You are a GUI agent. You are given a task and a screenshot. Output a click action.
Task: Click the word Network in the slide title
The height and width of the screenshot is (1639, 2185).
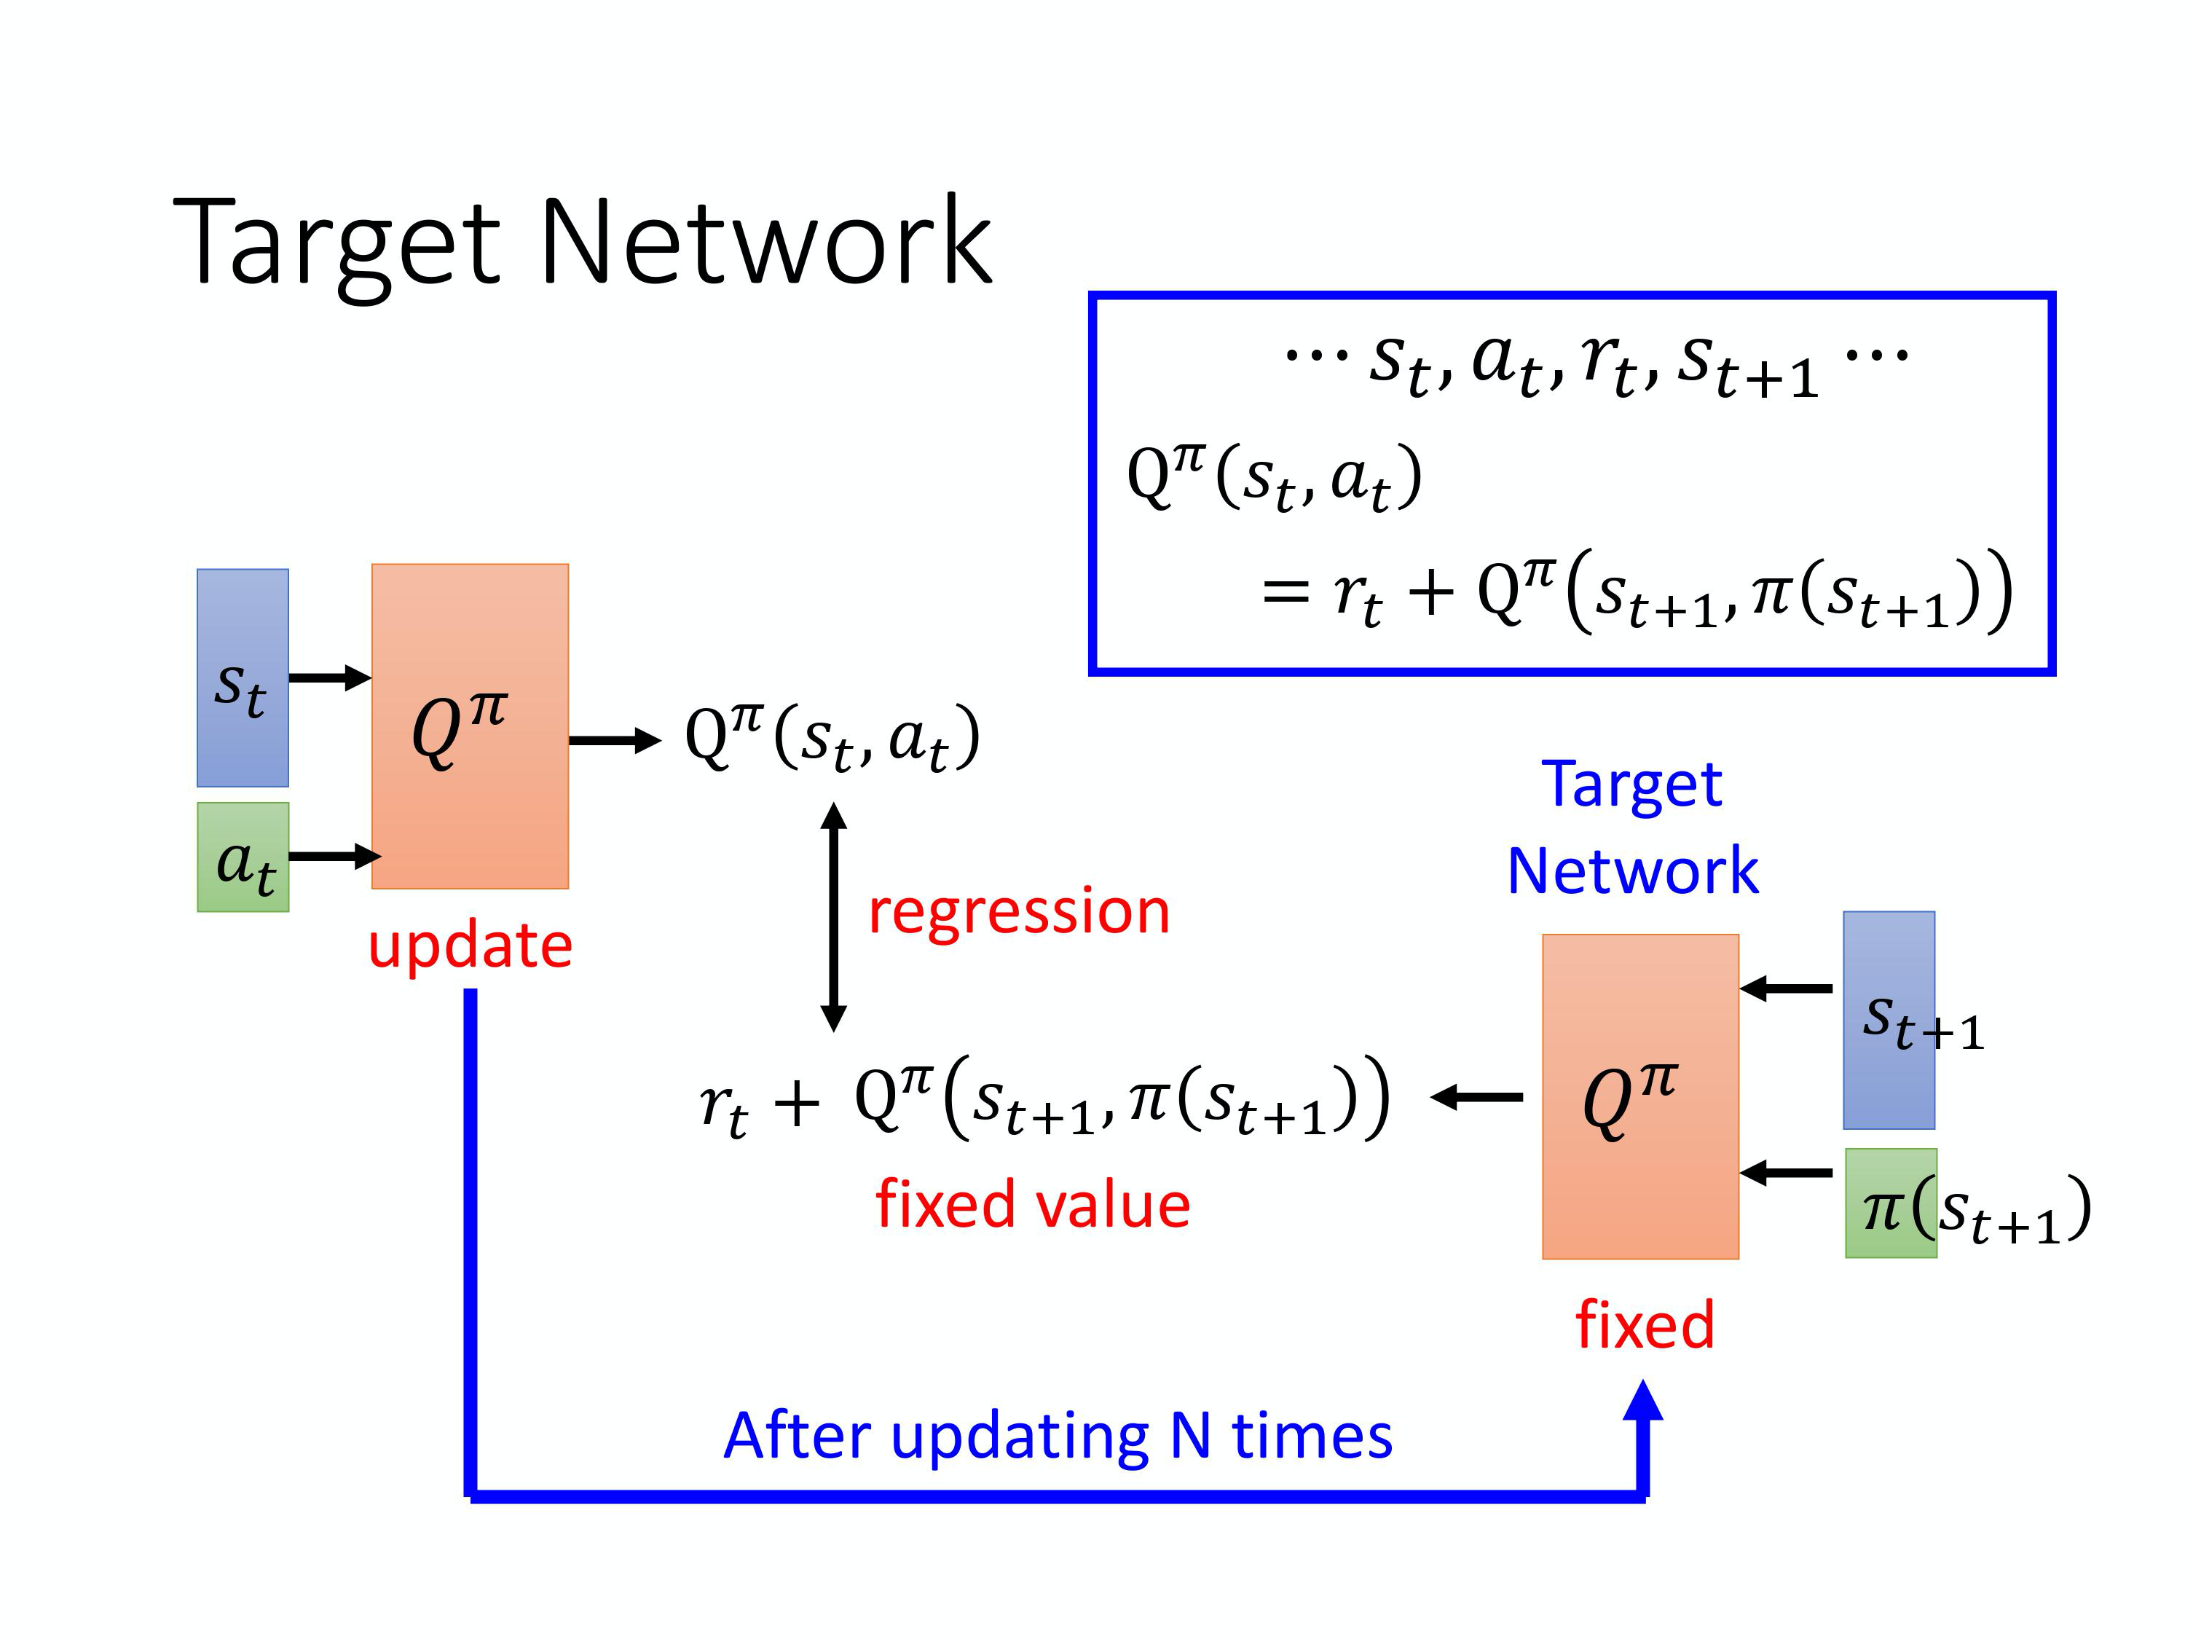click(765, 242)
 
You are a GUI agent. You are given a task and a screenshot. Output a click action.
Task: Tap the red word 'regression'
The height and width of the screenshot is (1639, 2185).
click(1018, 910)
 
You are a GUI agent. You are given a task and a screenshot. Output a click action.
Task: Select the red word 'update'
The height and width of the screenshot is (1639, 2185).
click(471, 945)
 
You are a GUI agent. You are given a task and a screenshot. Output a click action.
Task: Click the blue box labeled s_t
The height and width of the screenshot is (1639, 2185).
click(243, 677)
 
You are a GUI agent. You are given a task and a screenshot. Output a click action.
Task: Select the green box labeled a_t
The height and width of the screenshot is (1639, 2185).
click(243, 857)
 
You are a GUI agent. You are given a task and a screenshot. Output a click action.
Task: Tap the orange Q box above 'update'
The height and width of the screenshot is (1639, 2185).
click(471, 726)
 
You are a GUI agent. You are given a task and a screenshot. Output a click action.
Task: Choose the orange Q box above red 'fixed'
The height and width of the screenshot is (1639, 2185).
click(1641, 1096)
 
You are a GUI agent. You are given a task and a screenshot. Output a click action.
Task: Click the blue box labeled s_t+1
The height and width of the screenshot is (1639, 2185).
click(1889, 1020)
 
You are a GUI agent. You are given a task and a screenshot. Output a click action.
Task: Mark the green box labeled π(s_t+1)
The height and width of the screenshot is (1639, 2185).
click(1891, 1203)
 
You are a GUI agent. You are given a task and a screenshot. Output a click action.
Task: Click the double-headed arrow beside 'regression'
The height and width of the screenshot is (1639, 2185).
click(834, 917)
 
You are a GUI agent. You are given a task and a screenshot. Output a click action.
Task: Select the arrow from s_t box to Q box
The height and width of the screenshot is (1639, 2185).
click(330, 677)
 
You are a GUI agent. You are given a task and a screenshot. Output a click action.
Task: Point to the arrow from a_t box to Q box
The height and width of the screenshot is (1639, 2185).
click(334, 856)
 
